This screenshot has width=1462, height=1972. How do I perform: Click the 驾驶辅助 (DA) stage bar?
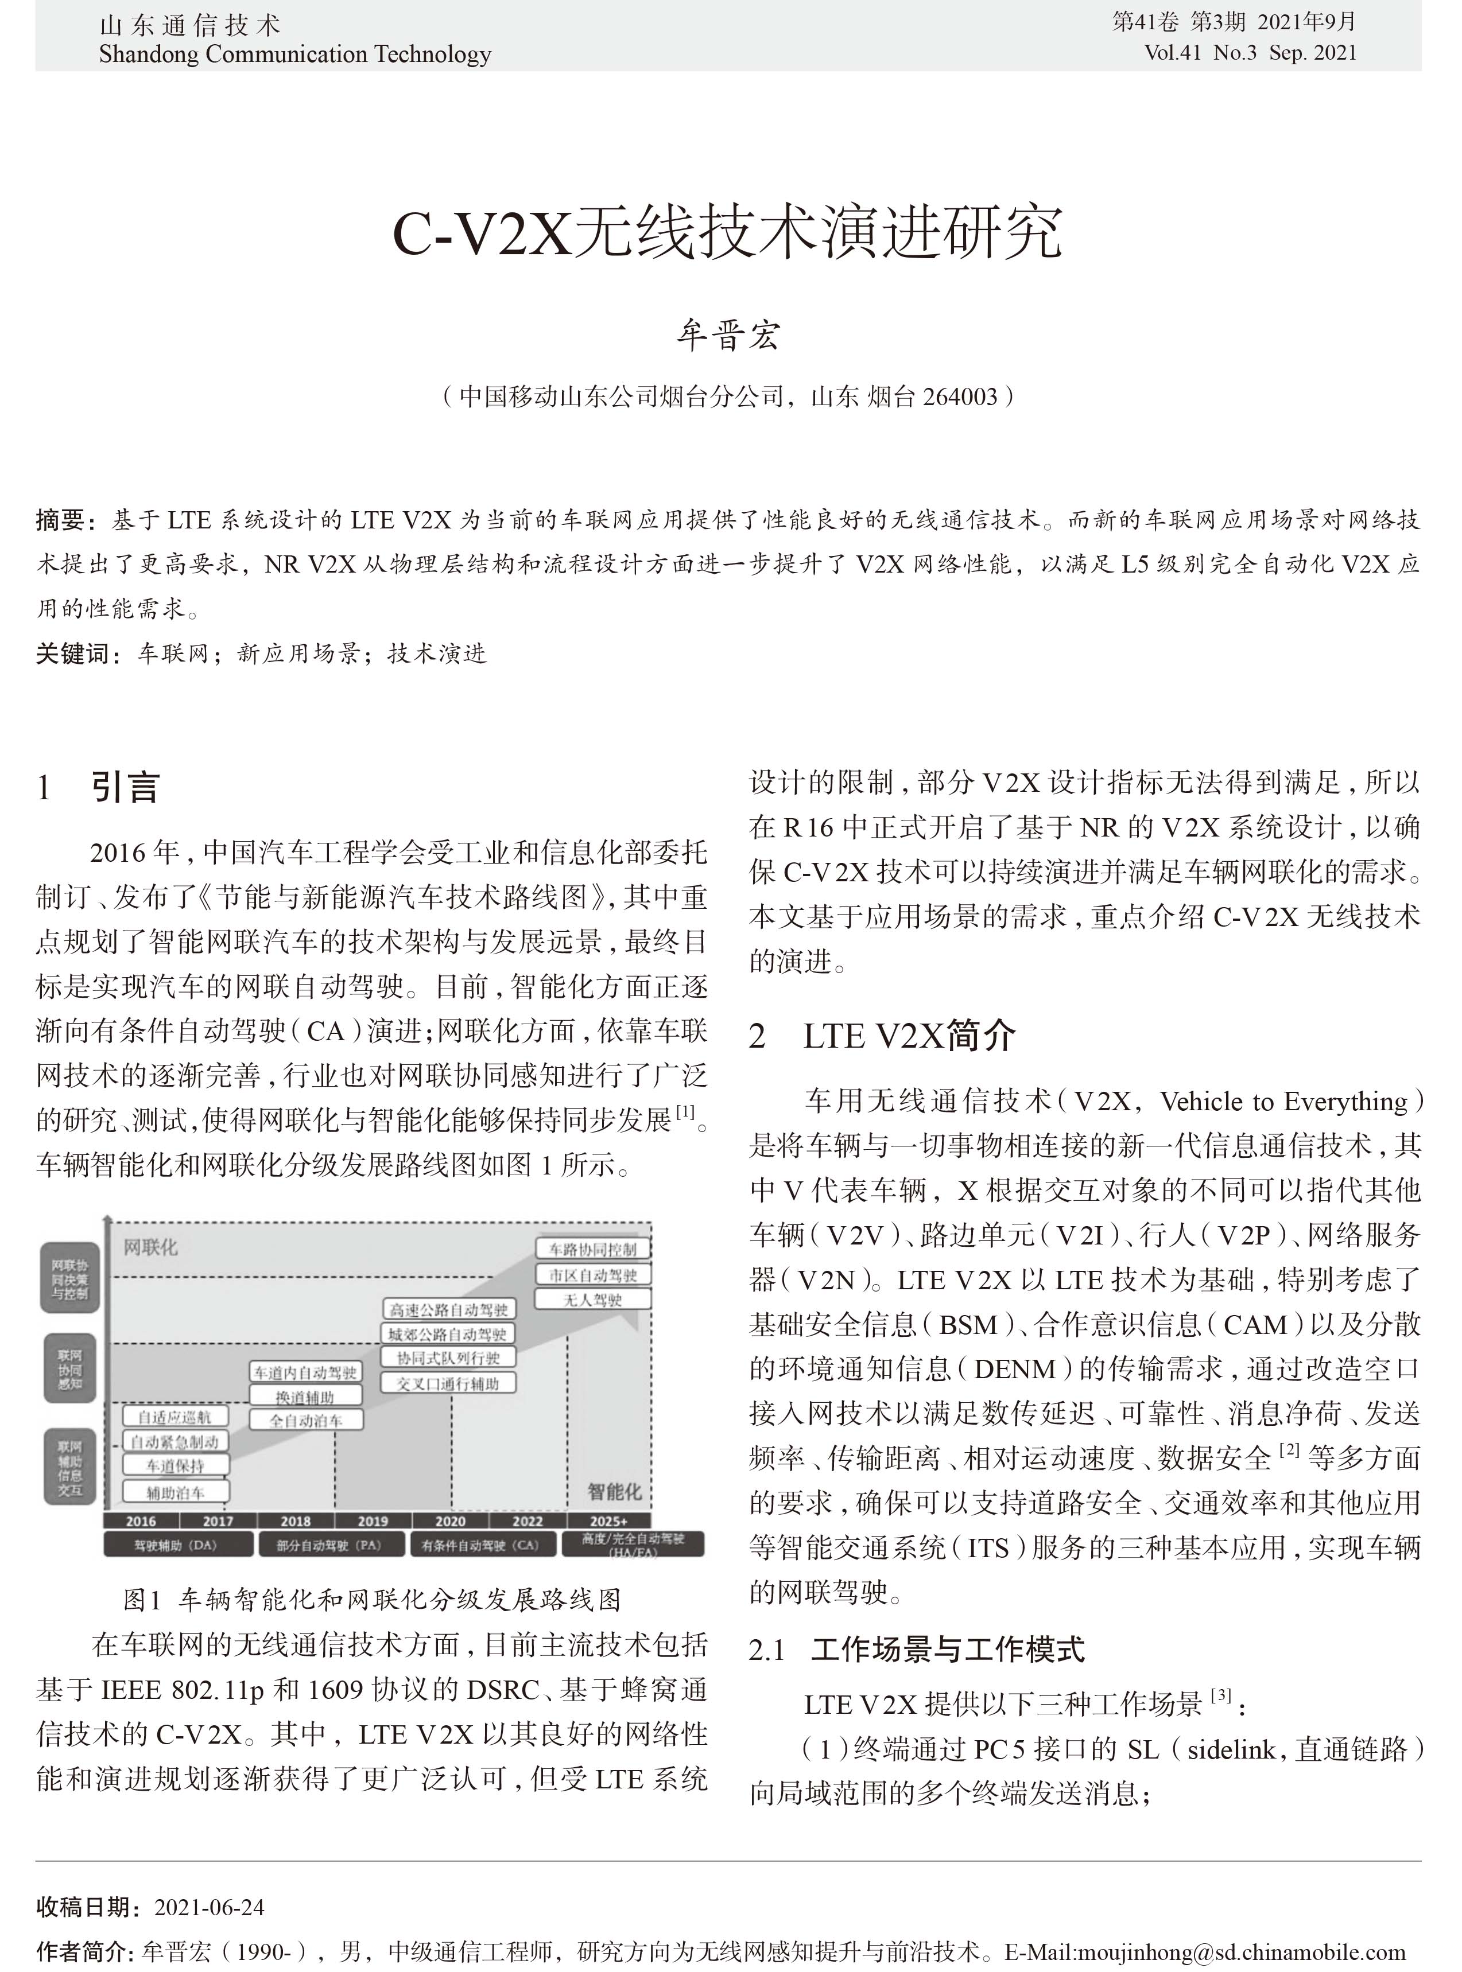(175, 1545)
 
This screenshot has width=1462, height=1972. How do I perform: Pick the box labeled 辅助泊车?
(175, 1492)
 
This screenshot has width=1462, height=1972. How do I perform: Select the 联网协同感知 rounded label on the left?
(70, 1368)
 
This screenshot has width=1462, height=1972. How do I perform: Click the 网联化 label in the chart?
(150, 1247)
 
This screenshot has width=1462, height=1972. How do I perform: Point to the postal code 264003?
(960, 397)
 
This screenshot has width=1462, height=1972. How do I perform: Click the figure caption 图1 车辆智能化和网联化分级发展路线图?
(372, 1600)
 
